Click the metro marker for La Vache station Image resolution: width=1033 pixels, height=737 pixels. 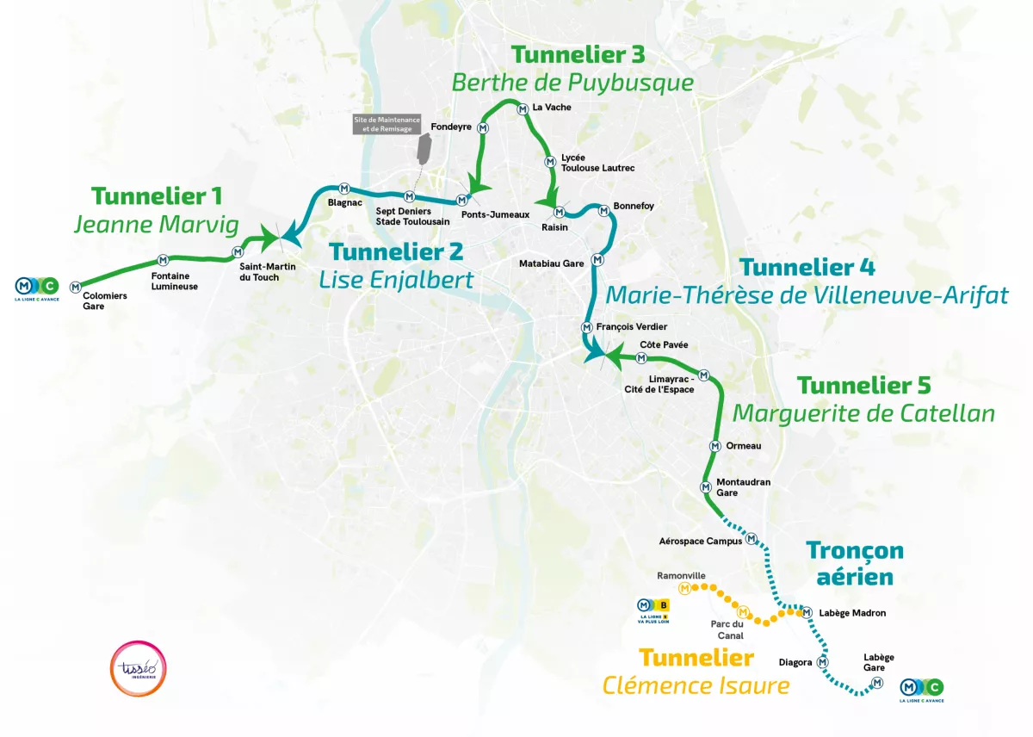tap(523, 109)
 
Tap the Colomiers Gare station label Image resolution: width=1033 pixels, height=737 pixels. tap(105, 300)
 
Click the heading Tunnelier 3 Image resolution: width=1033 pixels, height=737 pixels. tap(578, 54)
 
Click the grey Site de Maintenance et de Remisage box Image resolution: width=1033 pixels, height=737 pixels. tap(381, 124)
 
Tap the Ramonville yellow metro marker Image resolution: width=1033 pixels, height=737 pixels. tap(684, 589)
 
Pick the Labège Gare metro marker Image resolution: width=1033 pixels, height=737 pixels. tap(877, 683)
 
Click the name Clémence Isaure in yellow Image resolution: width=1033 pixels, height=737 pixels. tap(696, 685)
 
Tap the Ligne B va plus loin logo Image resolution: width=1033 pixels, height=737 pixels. tap(652, 609)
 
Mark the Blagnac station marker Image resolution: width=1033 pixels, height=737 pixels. tap(344, 189)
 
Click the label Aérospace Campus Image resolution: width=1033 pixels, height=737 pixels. tap(700, 542)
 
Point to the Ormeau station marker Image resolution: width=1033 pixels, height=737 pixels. tap(714, 446)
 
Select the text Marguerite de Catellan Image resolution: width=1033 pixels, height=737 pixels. tap(863, 413)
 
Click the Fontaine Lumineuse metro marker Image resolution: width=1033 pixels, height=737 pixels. tap(163, 260)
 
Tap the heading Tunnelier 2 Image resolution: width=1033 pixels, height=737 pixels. tap(396, 252)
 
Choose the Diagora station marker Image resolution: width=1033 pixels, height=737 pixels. tap(823, 662)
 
